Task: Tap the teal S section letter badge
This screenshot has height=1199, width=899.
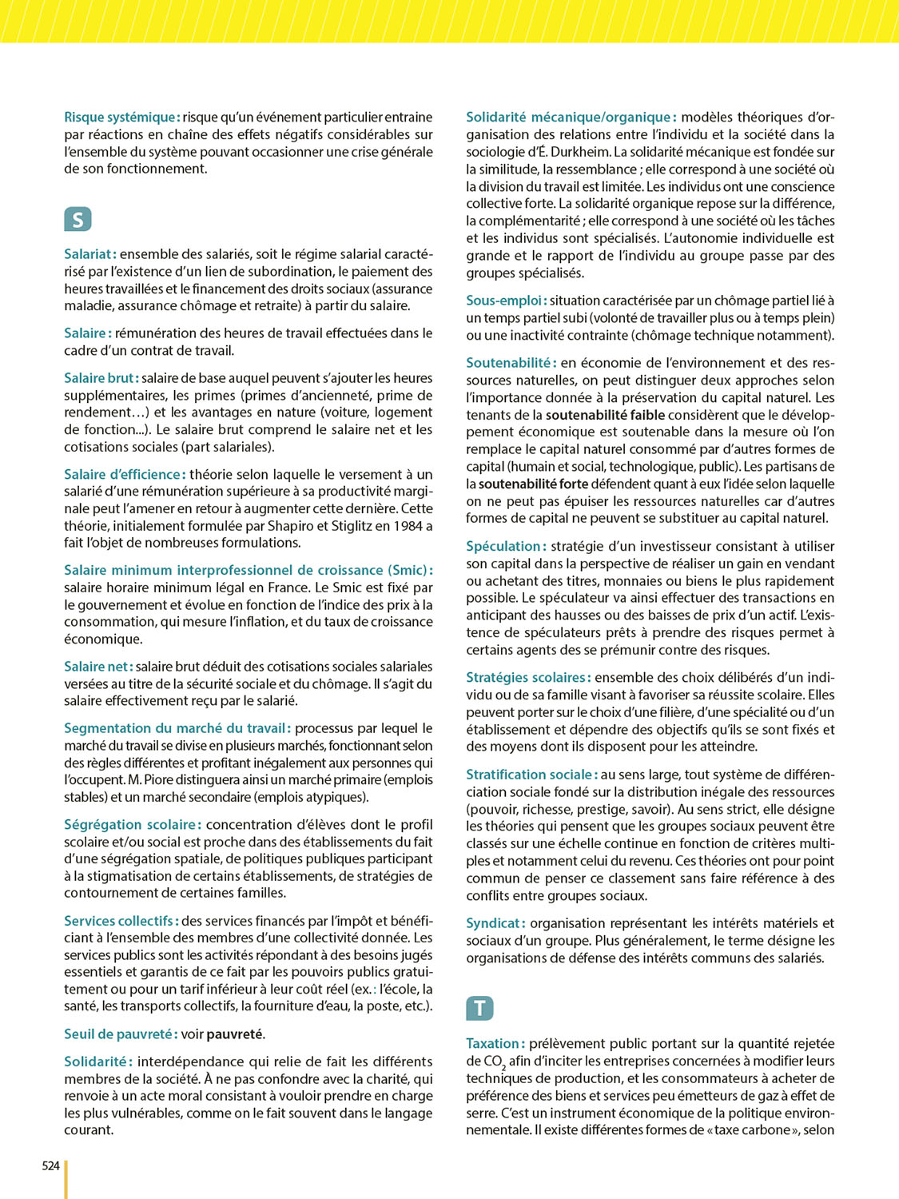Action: [x=78, y=220]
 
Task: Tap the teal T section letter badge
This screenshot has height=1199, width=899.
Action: [x=479, y=1009]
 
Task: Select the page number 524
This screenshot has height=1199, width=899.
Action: [x=51, y=1166]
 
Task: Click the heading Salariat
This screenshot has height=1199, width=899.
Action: [x=90, y=254]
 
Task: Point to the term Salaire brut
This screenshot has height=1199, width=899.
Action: [x=100, y=378]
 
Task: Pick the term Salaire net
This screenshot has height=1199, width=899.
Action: [x=97, y=667]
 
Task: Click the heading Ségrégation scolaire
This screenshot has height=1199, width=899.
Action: [x=132, y=825]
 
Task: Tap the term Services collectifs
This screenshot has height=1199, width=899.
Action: [x=120, y=921]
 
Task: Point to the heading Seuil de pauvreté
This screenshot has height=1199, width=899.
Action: [x=119, y=1034]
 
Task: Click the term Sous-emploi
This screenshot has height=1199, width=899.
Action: [x=505, y=301]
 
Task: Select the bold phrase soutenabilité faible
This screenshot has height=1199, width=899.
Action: [x=605, y=415]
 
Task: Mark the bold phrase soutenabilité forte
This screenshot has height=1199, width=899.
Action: [x=533, y=484]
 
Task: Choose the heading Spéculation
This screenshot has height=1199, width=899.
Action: [x=505, y=547]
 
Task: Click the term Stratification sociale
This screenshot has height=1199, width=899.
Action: [x=531, y=775]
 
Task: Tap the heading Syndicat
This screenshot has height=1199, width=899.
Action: [x=495, y=923]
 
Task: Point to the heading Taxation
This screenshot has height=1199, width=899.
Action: [x=494, y=1044]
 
